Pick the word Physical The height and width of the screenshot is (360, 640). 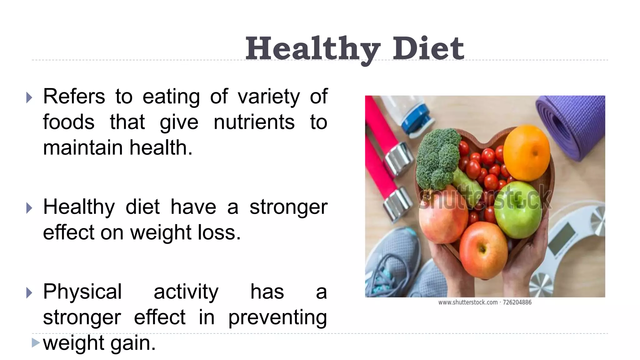(x=82, y=292)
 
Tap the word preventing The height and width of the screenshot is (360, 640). (x=277, y=317)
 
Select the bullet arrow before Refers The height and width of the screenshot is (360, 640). (x=29, y=97)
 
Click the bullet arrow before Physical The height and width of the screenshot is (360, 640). (x=29, y=293)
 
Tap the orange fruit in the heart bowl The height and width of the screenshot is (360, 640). (x=527, y=153)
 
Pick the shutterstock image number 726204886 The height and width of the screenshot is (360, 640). (x=517, y=302)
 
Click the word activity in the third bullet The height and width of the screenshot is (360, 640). (x=186, y=292)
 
